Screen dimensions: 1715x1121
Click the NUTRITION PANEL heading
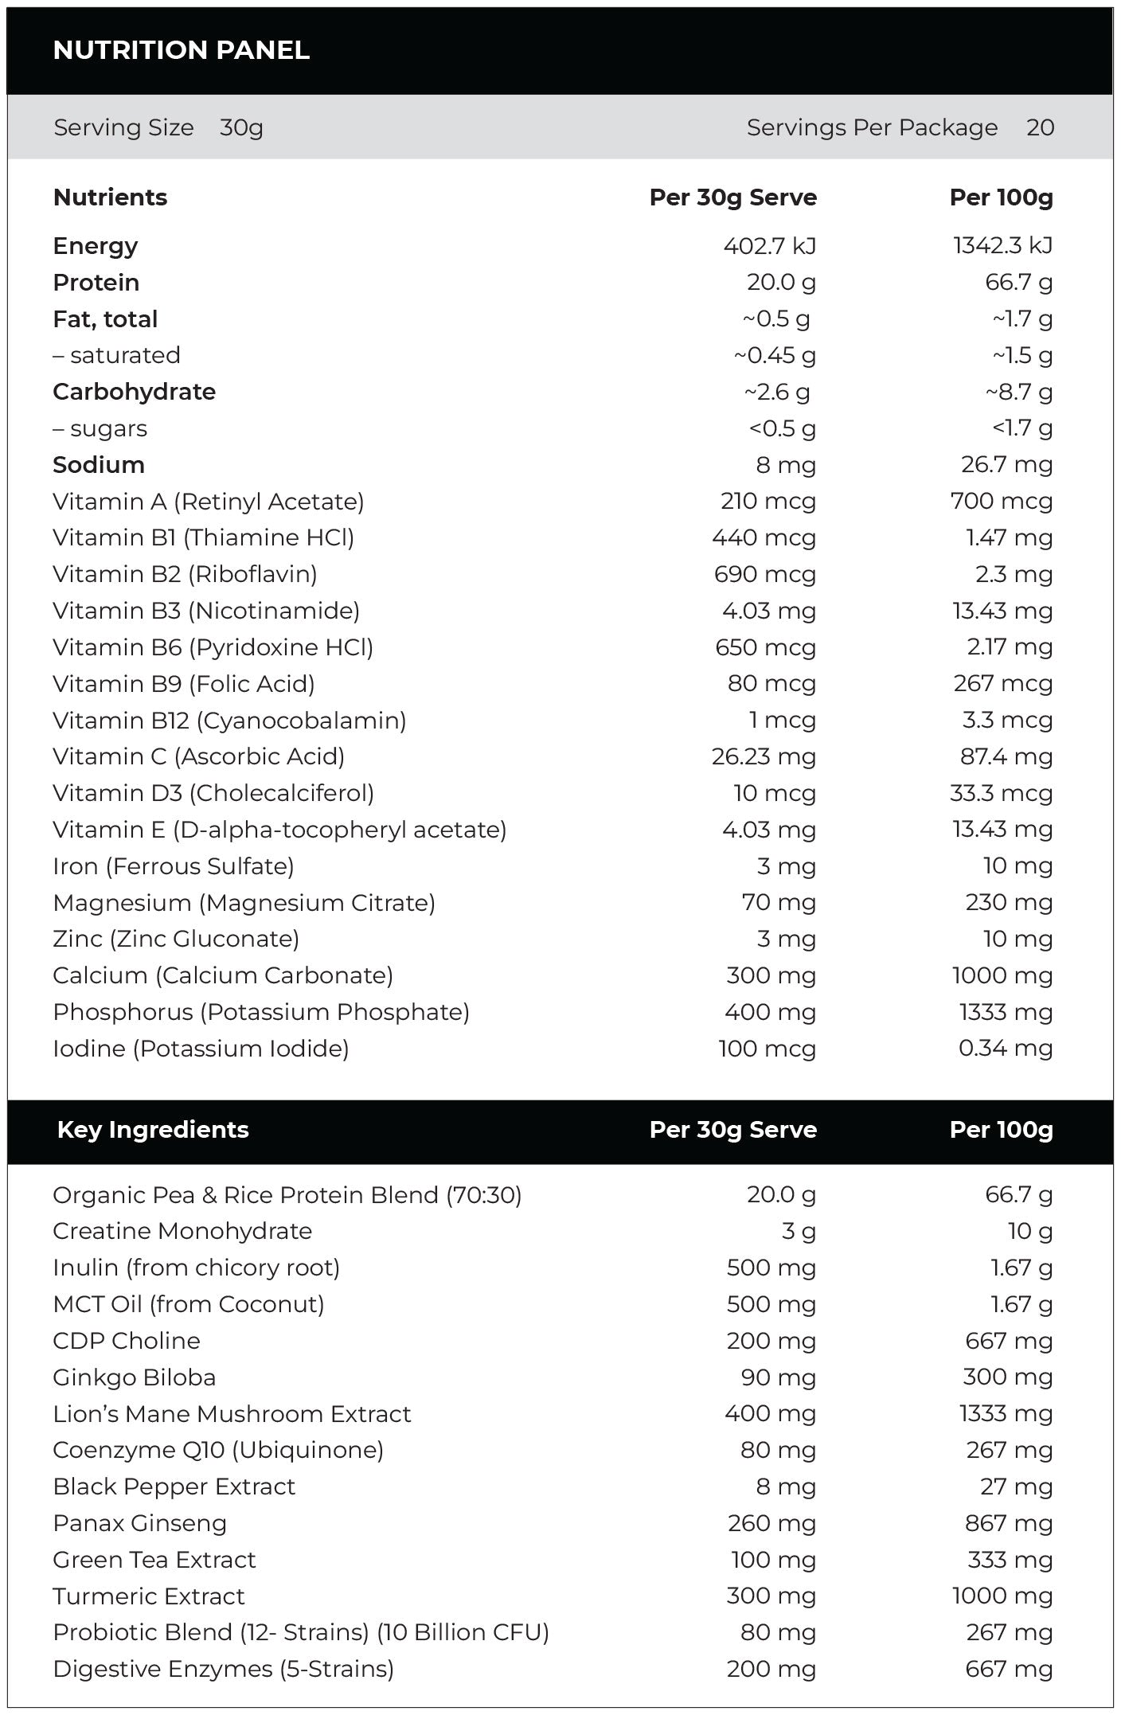tap(181, 50)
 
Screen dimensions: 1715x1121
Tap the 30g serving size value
tap(241, 127)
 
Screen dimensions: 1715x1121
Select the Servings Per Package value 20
tap(1040, 127)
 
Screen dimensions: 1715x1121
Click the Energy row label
tap(95, 246)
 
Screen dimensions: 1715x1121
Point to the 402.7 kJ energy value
tap(769, 246)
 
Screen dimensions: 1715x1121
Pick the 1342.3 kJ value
tap(1002, 246)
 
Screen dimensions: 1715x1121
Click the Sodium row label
tap(99, 465)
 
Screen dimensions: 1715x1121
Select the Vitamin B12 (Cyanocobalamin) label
tap(229, 721)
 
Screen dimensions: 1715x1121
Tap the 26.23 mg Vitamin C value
tap(764, 756)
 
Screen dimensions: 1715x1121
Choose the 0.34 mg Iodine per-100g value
tap(1005, 1049)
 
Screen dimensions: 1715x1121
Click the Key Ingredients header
tap(153, 1130)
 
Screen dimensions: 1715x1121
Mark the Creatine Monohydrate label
tap(182, 1231)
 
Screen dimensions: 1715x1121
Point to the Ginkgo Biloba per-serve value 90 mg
tap(777, 1377)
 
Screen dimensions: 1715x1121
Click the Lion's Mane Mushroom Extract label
tap(232, 1414)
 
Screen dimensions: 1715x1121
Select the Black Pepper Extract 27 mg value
tap(1016, 1486)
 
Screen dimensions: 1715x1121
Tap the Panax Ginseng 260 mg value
tap(771, 1523)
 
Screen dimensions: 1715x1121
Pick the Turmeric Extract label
tap(149, 1596)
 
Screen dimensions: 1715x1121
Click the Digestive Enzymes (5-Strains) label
tap(223, 1669)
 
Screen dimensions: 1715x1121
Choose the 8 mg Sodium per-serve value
tap(785, 465)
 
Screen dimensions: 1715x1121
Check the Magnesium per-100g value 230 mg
tap(1008, 903)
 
